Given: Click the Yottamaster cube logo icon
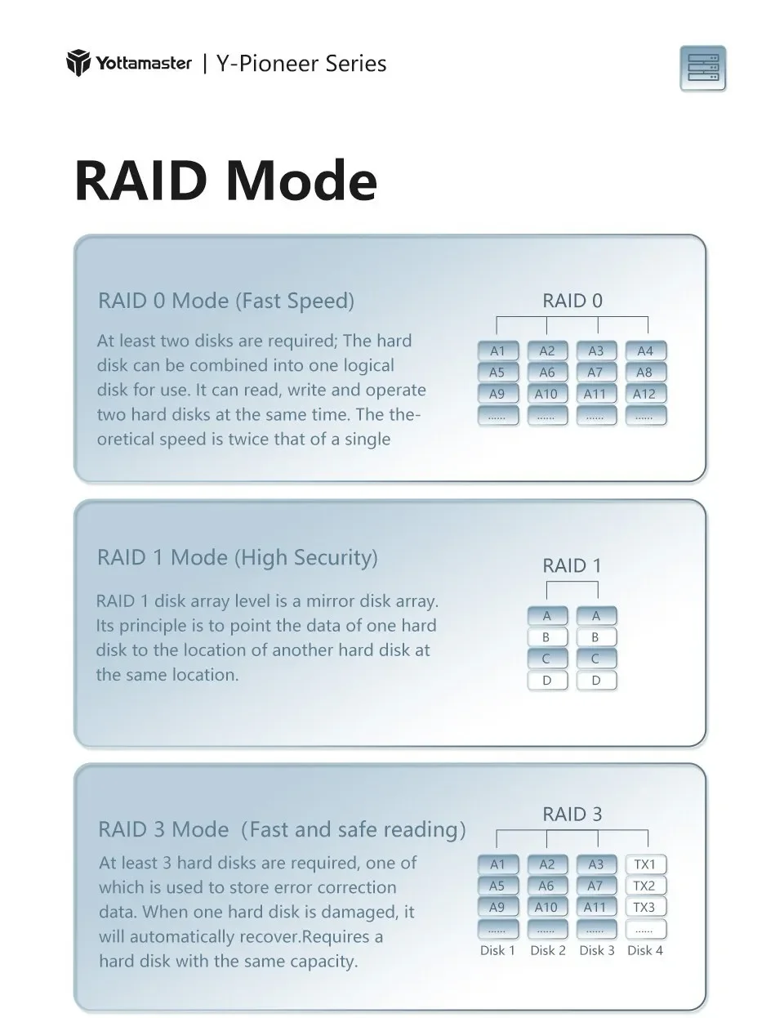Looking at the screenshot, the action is [78, 62].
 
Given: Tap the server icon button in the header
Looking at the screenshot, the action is [702, 69].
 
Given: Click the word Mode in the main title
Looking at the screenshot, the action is [301, 181].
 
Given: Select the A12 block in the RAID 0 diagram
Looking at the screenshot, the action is [645, 394].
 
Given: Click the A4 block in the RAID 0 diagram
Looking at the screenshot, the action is [645, 350].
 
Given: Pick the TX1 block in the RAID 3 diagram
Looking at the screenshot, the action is [645, 864].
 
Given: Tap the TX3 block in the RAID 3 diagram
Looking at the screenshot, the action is [645, 908].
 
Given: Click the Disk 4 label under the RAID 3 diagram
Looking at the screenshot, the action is [645, 950].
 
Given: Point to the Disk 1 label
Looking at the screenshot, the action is [497, 950].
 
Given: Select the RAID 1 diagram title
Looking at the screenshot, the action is [572, 565].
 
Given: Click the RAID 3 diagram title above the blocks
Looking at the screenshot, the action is [572, 815].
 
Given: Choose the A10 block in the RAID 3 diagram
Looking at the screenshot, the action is [547, 908].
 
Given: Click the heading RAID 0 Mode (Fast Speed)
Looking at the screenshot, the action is [226, 301].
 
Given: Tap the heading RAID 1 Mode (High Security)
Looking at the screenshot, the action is [238, 557].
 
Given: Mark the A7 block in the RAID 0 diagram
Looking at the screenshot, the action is [596, 373].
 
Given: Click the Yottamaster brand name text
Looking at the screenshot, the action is [144, 63].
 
